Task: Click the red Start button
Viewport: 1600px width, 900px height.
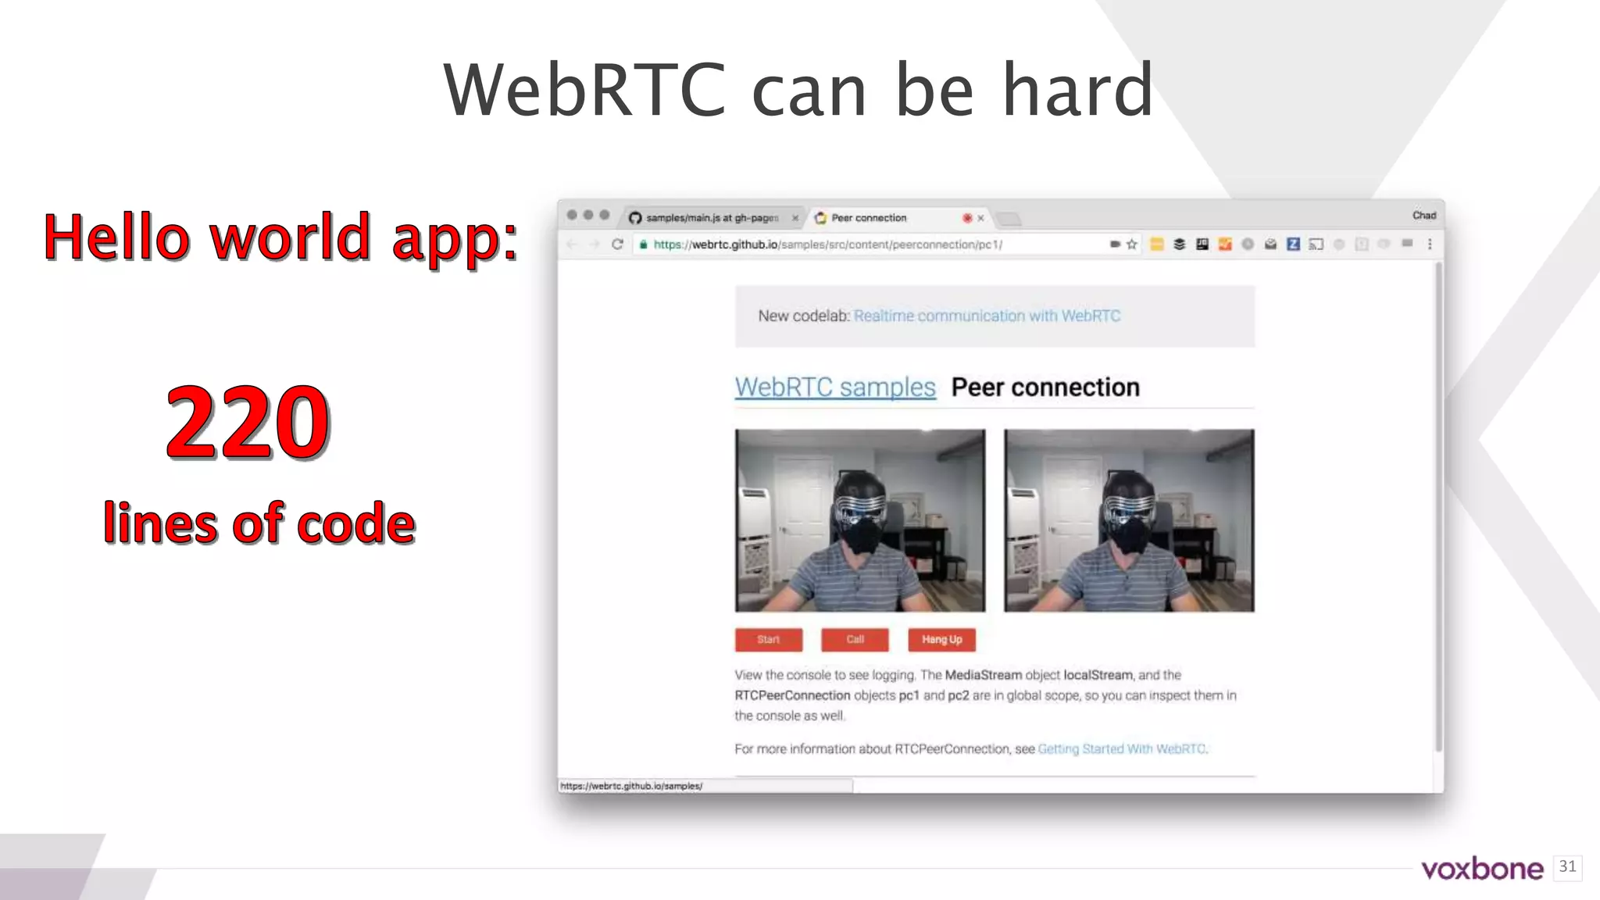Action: (768, 639)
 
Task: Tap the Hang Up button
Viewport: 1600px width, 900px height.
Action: (941, 639)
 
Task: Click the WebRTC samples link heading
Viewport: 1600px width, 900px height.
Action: (834, 387)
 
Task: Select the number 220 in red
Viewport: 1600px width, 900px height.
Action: (248, 423)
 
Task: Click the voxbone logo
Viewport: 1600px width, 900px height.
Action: (1481, 869)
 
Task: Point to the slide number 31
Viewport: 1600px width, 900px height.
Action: (1567, 866)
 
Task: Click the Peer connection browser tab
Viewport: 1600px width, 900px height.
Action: (869, 218)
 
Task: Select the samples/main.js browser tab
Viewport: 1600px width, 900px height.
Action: (711, 218)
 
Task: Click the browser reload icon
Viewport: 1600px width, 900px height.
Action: (617, 245)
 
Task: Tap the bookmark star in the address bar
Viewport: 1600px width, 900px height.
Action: (1131, 245)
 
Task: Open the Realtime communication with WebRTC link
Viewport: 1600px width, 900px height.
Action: (987, 316)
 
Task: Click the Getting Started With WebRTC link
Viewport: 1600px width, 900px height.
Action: (1121, 748)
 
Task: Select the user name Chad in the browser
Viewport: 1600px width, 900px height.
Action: (1423, 216)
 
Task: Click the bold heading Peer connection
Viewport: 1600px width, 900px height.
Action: (1045, 387)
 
